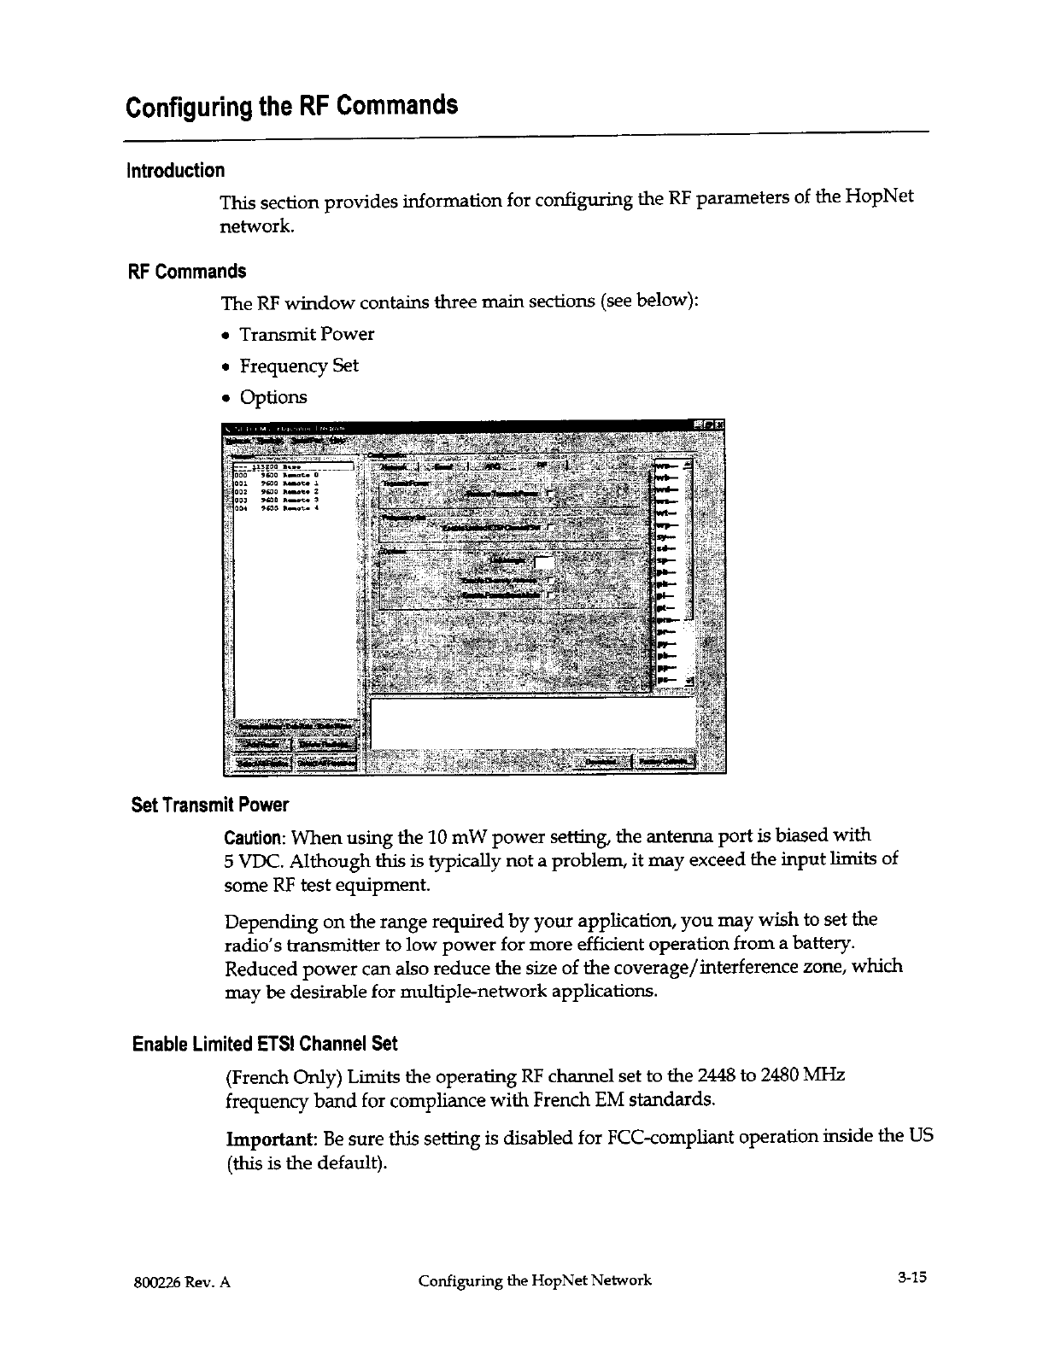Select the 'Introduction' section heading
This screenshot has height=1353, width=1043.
click(175, 171)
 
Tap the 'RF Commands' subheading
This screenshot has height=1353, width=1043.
click(186, 272)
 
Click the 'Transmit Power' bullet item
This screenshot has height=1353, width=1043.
click(307, 334)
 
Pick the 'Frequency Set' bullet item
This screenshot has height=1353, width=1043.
click(299, 366)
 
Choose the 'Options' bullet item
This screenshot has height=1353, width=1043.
click(273, 397)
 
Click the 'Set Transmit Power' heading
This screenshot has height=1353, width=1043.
click(210, 805)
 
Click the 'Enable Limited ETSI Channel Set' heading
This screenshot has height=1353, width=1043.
click(265, 1045)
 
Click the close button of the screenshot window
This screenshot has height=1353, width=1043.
click(719, 425)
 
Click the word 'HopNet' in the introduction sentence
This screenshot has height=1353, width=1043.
click(880, 198)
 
